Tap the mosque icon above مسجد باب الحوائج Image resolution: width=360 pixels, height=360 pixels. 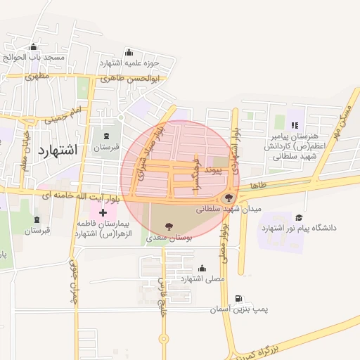(x=33, y=48)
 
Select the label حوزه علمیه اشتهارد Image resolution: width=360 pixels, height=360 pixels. (x=128, y=63)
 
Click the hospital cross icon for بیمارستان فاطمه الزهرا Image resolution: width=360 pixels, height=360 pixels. (x=103, y=212)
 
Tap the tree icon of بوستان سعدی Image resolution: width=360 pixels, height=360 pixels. (x=168, y=226)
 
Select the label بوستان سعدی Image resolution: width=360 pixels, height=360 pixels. (x=167, y=239)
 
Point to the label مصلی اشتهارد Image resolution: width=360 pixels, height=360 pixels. (x=202, y=279)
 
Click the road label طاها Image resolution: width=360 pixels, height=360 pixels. (x=257, y=184)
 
